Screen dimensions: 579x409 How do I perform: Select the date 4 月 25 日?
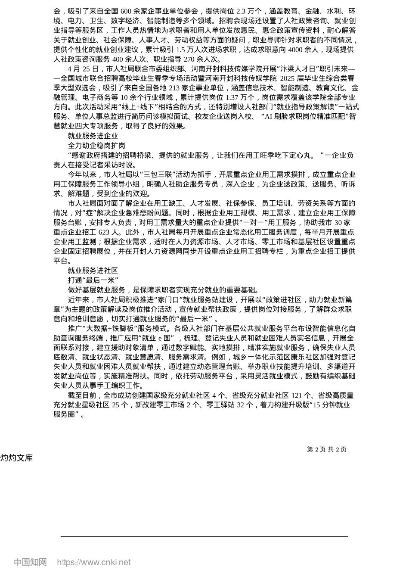83,69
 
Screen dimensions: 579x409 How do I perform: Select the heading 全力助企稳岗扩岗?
96,146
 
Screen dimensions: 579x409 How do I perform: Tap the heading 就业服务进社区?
93,271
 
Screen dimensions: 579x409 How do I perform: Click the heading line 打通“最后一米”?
93,280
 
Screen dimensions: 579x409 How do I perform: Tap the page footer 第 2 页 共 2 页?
326,449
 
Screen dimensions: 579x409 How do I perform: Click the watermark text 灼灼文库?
16,458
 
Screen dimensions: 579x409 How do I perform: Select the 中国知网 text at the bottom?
30,562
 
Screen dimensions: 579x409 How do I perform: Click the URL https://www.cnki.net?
93,562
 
